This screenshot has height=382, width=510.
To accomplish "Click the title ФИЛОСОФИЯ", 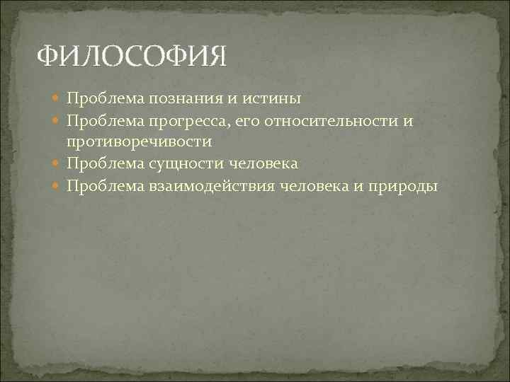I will pos(132,56).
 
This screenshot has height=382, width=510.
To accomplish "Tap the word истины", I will pos(263,98).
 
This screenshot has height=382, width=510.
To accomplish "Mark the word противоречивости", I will pos(140,141).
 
